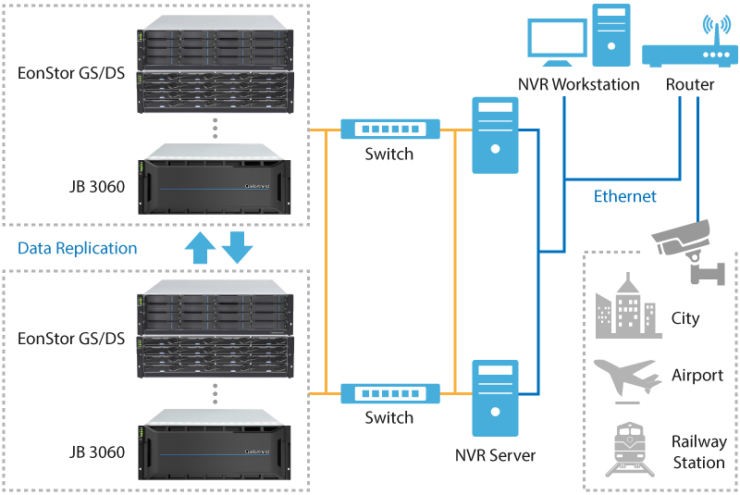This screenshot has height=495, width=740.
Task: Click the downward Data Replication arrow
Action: click(237, 248)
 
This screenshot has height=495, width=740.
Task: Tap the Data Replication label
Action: click(78, 248)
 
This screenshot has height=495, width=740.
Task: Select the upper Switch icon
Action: click(388, 129)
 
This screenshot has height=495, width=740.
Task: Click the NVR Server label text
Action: click(496, 455)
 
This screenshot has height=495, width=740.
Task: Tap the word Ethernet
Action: click(625, 196)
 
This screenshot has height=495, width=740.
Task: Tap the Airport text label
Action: click(697, 376)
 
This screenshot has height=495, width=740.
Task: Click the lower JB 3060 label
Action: click(97, 452)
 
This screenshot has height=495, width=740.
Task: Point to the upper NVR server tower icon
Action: click(496, 136)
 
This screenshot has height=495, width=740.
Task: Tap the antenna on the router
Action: click(710, 26)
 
